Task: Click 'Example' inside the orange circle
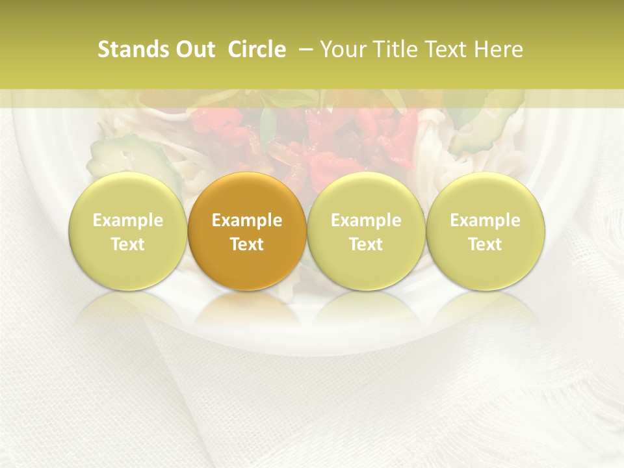246,220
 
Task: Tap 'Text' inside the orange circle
246,244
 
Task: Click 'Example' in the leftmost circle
127,220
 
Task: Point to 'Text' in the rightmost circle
485,244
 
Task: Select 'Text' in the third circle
366,244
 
